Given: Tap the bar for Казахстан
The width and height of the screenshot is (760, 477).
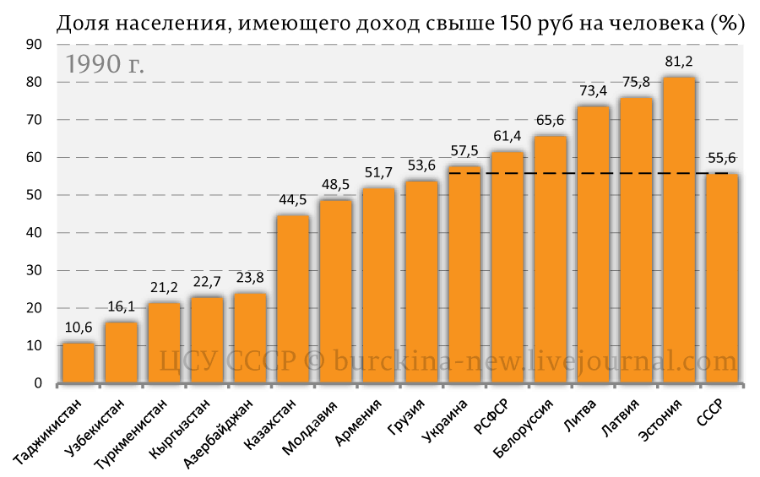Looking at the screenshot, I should click(293, 299).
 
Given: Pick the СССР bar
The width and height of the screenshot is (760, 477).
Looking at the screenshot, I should click(722, 279).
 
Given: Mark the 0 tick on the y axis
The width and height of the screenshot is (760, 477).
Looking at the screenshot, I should click(38, 384).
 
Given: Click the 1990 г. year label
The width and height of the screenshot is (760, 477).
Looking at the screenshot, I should click(105, 65).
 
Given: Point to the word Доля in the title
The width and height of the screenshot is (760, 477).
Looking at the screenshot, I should click(80, 24).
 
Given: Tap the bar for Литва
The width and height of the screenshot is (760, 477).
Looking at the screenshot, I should click(593, 245).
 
